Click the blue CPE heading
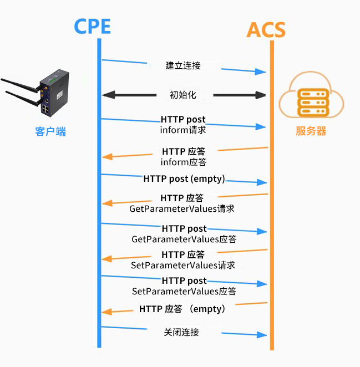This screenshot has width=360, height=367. [x=92, y=27]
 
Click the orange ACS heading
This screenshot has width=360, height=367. [x=266, y=30]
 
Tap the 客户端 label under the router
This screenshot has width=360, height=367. [x=50, y=131]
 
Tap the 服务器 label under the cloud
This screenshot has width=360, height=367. [x=311, y=131]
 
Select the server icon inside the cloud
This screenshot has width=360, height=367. [x=313, y=102]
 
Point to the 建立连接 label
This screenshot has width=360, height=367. [x=183, y=65]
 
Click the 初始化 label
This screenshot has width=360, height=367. [x=183, y=95]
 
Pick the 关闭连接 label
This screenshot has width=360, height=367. [x=181, y=332]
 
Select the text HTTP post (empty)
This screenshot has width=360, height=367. [x=184, y=179]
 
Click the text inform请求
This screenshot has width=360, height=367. [x=183, y=130]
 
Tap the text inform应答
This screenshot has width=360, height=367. [x=184, y=162]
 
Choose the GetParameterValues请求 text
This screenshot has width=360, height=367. [x=182, y=209]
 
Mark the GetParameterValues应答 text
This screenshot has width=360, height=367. [x=184, y=239]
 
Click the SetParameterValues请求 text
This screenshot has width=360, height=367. [x=183, y=265]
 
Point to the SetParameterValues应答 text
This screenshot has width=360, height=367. [x=184, y=291]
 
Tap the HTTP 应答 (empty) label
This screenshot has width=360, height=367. [x=182, y=309]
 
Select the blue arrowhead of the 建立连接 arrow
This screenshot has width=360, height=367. [x=260, y=72]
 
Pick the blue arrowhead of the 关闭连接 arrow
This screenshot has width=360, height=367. [x=262, y=335]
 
